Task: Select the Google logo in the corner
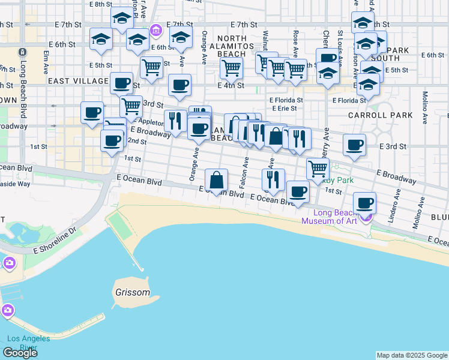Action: [20, 353]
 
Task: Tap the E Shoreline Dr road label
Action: [56, 239]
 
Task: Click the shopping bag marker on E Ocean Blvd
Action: [216, 180]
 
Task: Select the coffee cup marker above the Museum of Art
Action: [365, 203]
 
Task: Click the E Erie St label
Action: [284, 109]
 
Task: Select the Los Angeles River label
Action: [28, 343]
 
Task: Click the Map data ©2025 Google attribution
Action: [412, 355]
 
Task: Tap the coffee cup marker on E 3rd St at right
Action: [354, 145]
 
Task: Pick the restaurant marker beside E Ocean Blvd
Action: [273, 179]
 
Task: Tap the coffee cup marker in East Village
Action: [121, 83]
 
